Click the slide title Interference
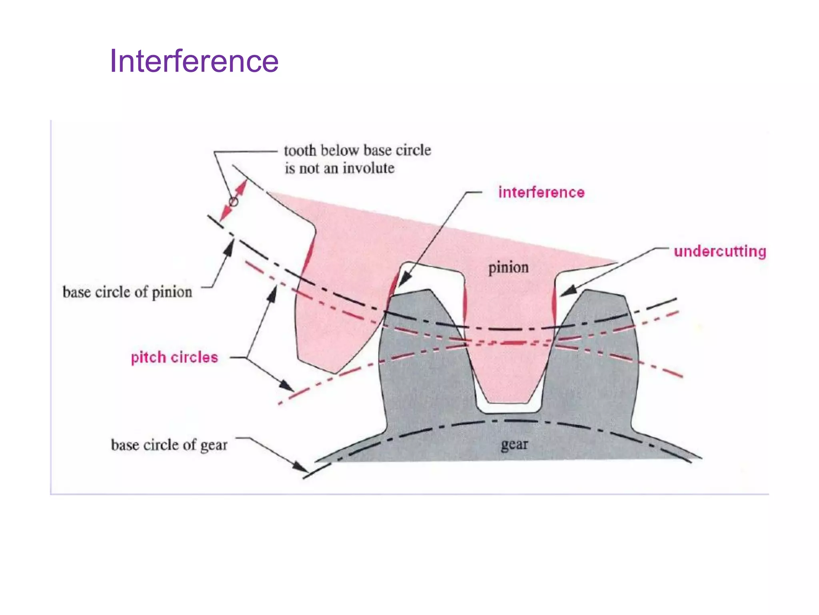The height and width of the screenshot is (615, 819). click(194, 61)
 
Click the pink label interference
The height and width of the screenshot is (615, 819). click(541, 193)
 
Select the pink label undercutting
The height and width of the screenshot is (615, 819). click(720, 251)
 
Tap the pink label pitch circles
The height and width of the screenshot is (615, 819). click(174, 357)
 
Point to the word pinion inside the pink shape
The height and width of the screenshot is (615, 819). click(508, 267)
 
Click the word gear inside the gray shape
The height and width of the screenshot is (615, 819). click(514, 444)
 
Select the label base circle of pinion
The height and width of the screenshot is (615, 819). click(127, 292)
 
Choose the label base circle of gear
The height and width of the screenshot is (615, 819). click(169, 445)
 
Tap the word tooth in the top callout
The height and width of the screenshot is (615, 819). click(300, 151)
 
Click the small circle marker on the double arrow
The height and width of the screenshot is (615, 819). click(233, 201)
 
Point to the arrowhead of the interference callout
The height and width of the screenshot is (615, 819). click(404, 280)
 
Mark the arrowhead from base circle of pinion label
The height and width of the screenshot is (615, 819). click(229, 247)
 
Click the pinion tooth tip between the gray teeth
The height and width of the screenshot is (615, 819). click(508, 400)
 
